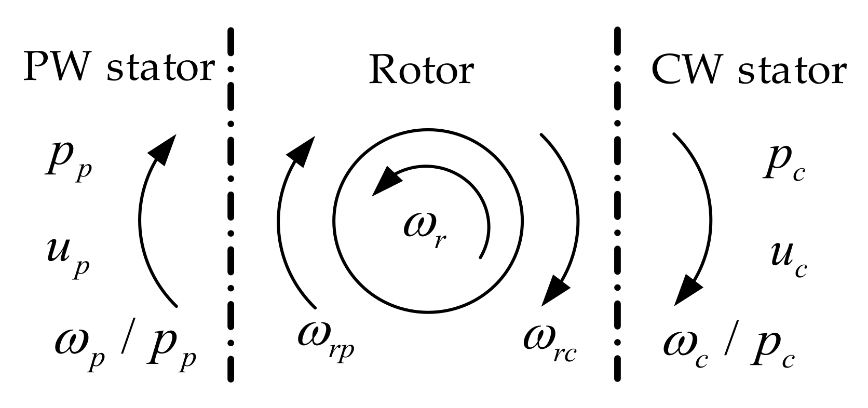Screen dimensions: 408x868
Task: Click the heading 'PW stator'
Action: tap(118, 69)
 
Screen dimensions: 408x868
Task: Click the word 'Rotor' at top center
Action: tap(421, 70)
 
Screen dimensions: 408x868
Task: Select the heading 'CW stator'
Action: tap(749, 70)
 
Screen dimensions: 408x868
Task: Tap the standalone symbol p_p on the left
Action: tap(68, 167)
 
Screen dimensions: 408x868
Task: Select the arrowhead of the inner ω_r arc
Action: tap(386, 182)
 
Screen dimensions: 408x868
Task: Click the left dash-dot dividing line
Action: tap(230, 208)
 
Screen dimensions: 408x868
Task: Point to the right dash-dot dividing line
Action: tap(617, 208)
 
